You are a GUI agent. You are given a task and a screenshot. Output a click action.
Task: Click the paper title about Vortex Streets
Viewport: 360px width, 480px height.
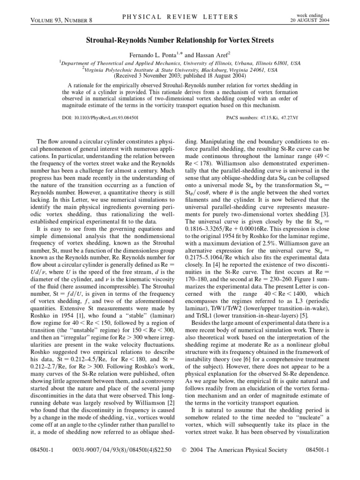[x=180, y=41]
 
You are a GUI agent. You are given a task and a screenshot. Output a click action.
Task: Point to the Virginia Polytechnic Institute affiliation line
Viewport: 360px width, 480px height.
[x=180, y=69]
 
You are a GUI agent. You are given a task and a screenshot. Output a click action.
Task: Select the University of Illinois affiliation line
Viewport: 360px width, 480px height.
[x=180, y=62]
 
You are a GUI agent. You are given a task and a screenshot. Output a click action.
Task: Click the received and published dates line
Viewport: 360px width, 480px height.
[x=180, y=75]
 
